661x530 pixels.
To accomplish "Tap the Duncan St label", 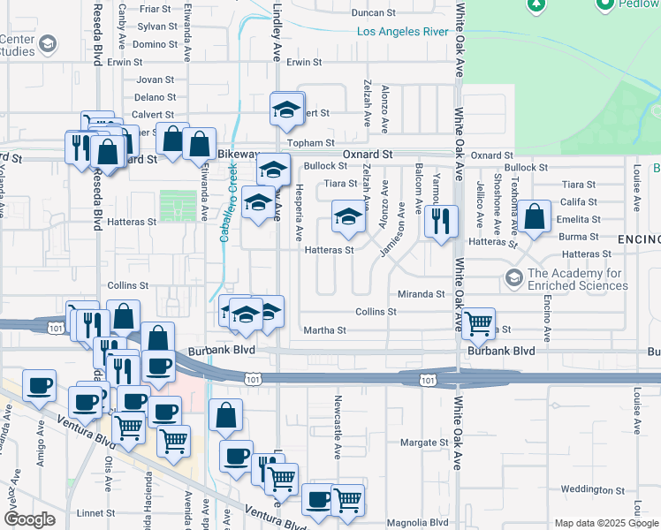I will pos(373,13).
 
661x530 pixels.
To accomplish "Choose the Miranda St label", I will pos(421,294).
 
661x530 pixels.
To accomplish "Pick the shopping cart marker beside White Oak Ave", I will pos(478,323).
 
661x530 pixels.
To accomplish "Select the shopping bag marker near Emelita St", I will pos(535,216).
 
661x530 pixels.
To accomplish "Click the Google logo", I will pos(28,519).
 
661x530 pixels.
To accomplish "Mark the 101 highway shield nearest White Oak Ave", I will pos(428,380).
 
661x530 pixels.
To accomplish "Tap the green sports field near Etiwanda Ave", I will pos(179,207).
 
